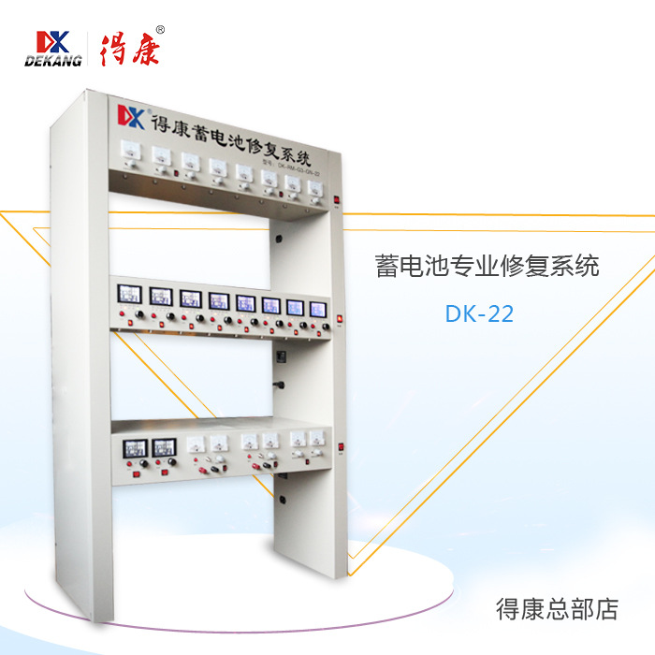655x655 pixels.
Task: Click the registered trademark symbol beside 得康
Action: point(160,29)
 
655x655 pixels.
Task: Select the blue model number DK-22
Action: point(479,313)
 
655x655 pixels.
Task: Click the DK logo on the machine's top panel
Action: point(128,117)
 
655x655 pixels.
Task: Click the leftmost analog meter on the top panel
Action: point(131,152)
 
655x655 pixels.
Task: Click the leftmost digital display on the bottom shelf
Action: point(131,445)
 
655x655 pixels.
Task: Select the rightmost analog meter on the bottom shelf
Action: point(319,438)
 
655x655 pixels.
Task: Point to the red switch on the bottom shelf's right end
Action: point(342,456)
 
